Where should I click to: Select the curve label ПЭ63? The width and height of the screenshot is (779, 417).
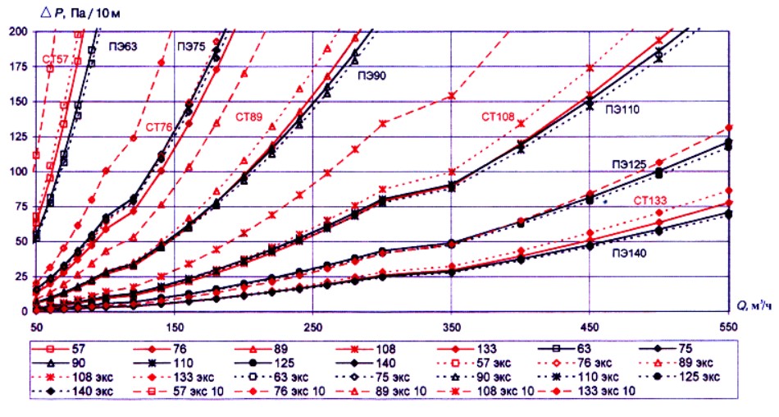[121, 48]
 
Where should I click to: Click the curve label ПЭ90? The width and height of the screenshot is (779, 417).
[371, 75]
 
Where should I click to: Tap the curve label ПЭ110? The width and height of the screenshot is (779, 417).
[623, 108]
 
